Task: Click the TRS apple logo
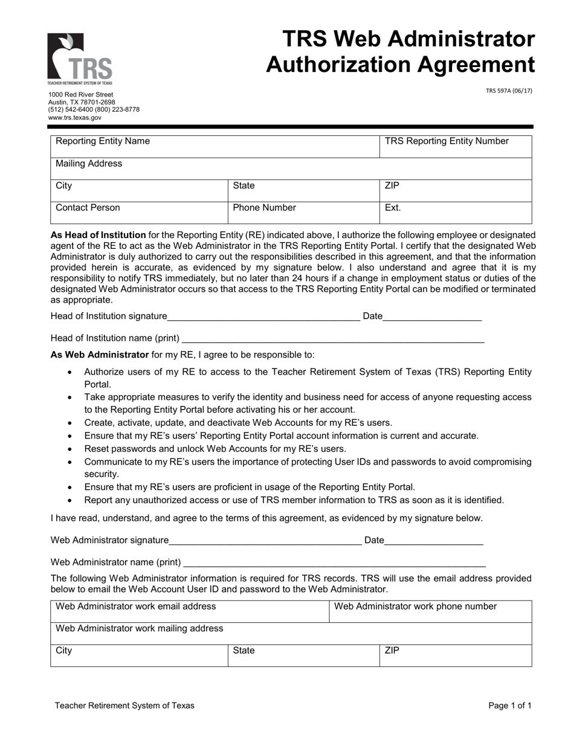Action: [80, 59]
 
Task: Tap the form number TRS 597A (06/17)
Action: [509, 91]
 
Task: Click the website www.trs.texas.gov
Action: [75, 118]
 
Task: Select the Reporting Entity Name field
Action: [214, 147]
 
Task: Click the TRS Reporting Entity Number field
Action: [456, 147]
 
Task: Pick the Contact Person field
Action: [139, 213]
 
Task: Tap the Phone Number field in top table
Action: [303, 213]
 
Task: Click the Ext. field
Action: [456, 213]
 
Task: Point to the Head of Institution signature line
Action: [263, 317]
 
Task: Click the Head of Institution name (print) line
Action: [332, 339]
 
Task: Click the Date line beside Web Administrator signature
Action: [433, 541]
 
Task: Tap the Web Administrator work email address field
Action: [190, 611]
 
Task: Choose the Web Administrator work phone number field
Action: [430, 611]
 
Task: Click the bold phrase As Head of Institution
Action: [98, 235]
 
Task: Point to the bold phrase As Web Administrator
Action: [100, 355]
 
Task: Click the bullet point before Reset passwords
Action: [71, 449]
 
